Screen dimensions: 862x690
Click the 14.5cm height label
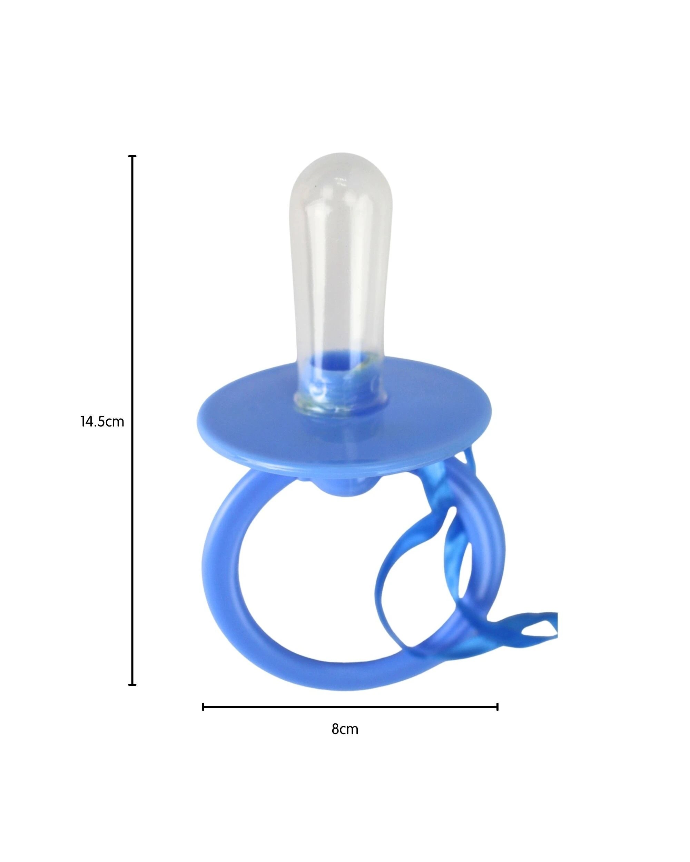point(102,421)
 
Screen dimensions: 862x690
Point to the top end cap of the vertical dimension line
point(132,156)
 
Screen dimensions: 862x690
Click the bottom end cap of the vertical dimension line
point(132,684)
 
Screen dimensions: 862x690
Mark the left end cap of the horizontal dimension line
point(204,707)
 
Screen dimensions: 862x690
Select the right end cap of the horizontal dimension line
point(497,707)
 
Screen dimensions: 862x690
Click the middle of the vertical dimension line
point(132,420)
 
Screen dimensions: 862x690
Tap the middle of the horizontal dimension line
point(351,707)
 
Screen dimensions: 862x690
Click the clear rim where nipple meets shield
point(340,410)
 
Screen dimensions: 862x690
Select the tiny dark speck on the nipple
point(316,187)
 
